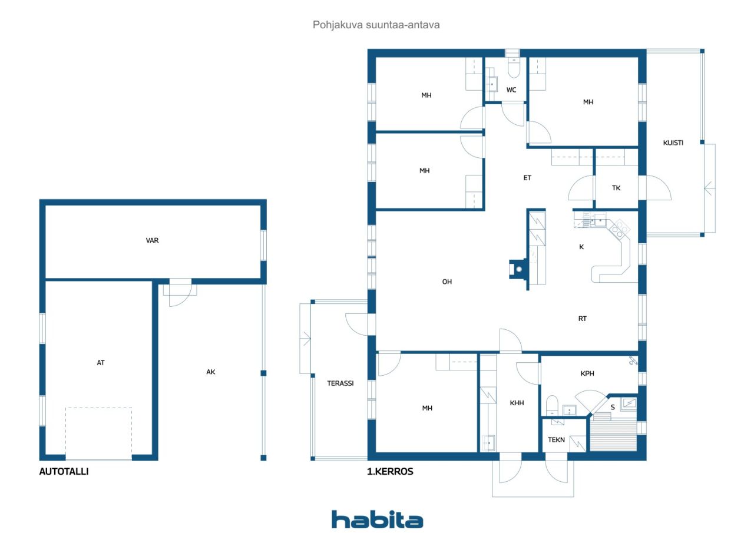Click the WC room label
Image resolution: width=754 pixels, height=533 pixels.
[511, 90]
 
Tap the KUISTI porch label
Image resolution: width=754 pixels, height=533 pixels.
[673, 143]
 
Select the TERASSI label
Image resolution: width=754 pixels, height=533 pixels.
[340, 383]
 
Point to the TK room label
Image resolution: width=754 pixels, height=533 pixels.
[616, 188]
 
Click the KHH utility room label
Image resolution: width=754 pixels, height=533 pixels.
[517, 403]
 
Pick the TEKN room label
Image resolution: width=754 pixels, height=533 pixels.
[556, 439]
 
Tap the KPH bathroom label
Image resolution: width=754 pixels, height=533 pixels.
[587, 373]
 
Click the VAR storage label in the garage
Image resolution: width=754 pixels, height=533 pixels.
[152, 240]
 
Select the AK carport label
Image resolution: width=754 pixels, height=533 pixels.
[211, 372]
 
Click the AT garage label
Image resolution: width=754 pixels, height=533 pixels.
[101, 362]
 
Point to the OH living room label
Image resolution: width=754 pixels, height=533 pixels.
[447, 282]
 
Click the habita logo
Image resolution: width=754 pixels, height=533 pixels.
[377, 519]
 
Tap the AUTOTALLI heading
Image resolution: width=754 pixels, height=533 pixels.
[64, 471]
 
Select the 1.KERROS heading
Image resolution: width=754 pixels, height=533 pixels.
[390, 471]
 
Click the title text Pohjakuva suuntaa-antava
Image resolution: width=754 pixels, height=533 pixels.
[376, 25]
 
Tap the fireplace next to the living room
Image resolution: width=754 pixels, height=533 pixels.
[518, 269]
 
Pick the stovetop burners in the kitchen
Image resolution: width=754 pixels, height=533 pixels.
[620, 229]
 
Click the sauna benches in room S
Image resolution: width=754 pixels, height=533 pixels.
[613, 435]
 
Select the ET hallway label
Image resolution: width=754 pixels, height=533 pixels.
[527, 178]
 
